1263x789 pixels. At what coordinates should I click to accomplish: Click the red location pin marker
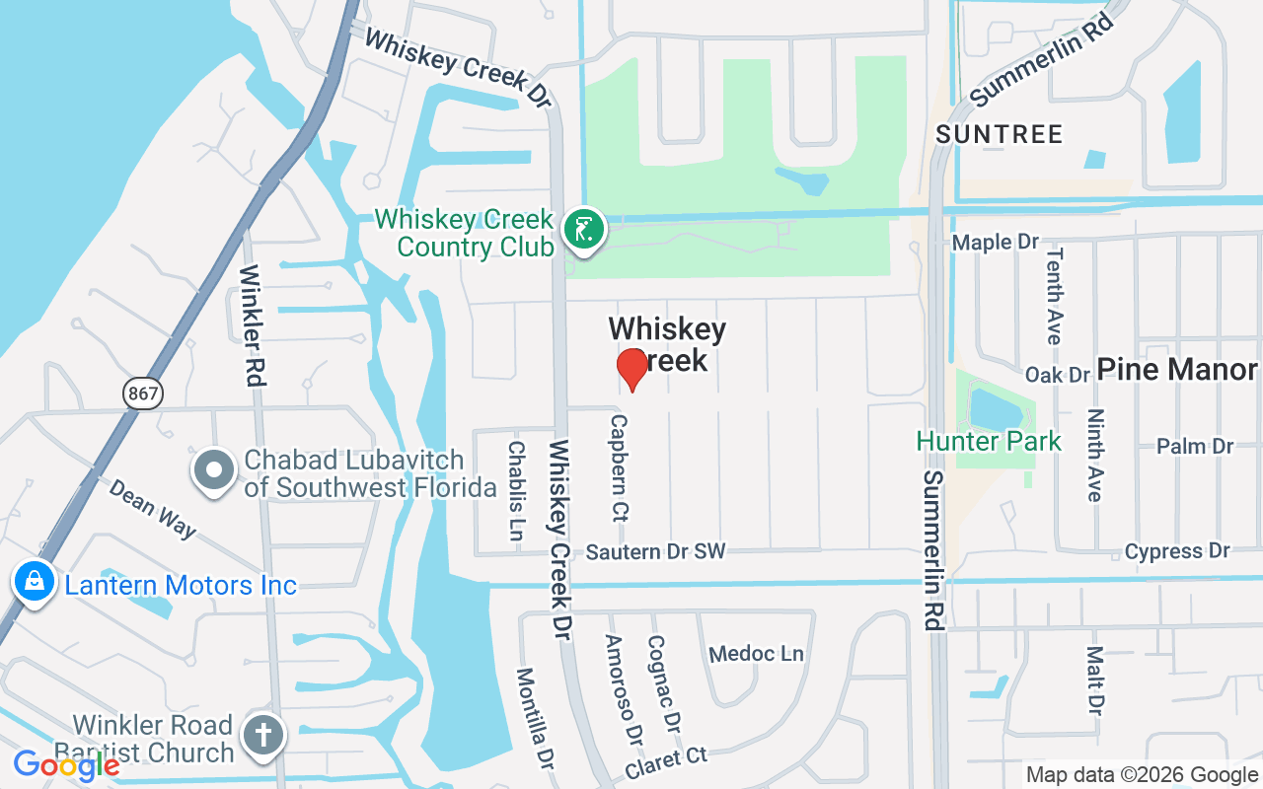[x=631, y=369]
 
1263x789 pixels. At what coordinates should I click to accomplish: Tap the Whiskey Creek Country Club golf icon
[x=584, y=231]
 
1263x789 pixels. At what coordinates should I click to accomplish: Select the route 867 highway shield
[x=143, y=394]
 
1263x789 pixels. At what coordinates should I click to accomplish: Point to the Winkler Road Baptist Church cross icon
[x=262, y=736]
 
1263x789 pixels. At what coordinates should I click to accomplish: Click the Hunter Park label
[x=989, y=441]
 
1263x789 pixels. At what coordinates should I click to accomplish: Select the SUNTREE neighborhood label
[x=999, y=134]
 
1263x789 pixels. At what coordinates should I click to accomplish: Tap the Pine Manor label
[x=1176, y=370]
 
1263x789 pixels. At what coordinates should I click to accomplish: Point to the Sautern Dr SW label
[x=655, y=552]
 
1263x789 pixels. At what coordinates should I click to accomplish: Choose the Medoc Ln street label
[x=757, y=654]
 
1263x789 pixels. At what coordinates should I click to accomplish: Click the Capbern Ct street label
[x=620, y=466]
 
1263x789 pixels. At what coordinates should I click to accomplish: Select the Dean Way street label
[x=152, y=509]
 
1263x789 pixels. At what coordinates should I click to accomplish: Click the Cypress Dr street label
[x=1177, y=551]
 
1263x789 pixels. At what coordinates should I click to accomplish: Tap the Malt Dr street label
[x=1094, y=680]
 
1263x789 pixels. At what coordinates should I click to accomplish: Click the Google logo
[x=66, y=764]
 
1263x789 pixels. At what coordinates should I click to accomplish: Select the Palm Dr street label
[x=1195, y=446]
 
